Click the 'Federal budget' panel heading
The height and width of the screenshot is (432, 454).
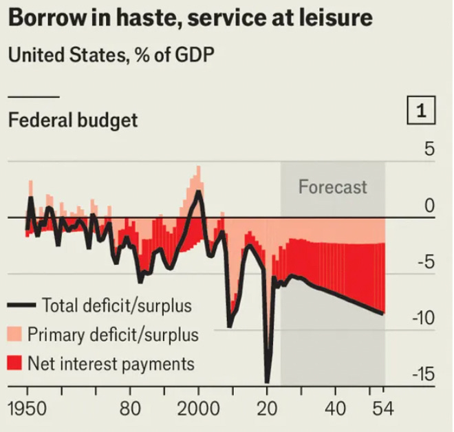pos(73,120)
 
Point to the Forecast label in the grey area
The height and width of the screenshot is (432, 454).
pos(332,187)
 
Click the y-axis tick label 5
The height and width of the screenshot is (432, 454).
pos(429,149)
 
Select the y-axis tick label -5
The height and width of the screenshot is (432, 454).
pos(425,262)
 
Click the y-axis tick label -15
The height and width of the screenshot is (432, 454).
pos(422,375)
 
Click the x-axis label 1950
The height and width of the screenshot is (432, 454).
pos(28,409)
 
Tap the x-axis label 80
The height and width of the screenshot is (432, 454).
pos(130,409)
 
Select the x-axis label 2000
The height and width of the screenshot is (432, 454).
pos(198,409)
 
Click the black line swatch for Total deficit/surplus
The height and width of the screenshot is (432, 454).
pos(21,305)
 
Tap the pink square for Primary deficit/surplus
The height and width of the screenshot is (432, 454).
pos(14,334)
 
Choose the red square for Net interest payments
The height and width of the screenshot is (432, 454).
pos(14,363)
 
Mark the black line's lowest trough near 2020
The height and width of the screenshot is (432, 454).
pos(268,380)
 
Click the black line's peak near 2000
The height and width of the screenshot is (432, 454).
pos(198,191)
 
